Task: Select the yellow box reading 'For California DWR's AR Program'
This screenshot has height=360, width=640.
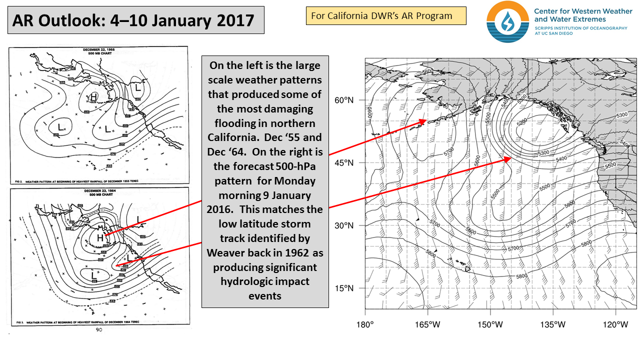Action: click(381, 15)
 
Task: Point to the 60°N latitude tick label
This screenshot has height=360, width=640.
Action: click(344, 100)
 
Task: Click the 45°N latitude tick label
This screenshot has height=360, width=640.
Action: click(344, 163)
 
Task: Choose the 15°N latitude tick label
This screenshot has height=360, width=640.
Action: click(344, 288)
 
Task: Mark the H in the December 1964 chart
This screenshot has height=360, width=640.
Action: click(100, 238)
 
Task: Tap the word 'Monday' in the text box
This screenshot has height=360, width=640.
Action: click(297, 180)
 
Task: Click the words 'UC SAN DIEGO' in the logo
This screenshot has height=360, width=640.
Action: click(552, 34)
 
